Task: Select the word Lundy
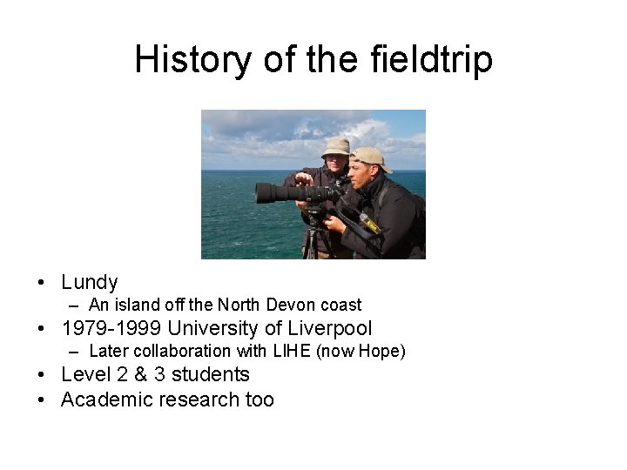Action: [x=90, y=282]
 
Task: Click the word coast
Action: [x=340, y=305]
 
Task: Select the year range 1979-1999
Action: [x=111, y=328]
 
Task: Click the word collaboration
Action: [x=178, y=351]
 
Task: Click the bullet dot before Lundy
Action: [x=42, y=283]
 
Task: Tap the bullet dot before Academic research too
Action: [x=42, y=400]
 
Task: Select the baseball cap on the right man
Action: [x=370, y=158]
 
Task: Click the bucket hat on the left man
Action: [x=336, y=147]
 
